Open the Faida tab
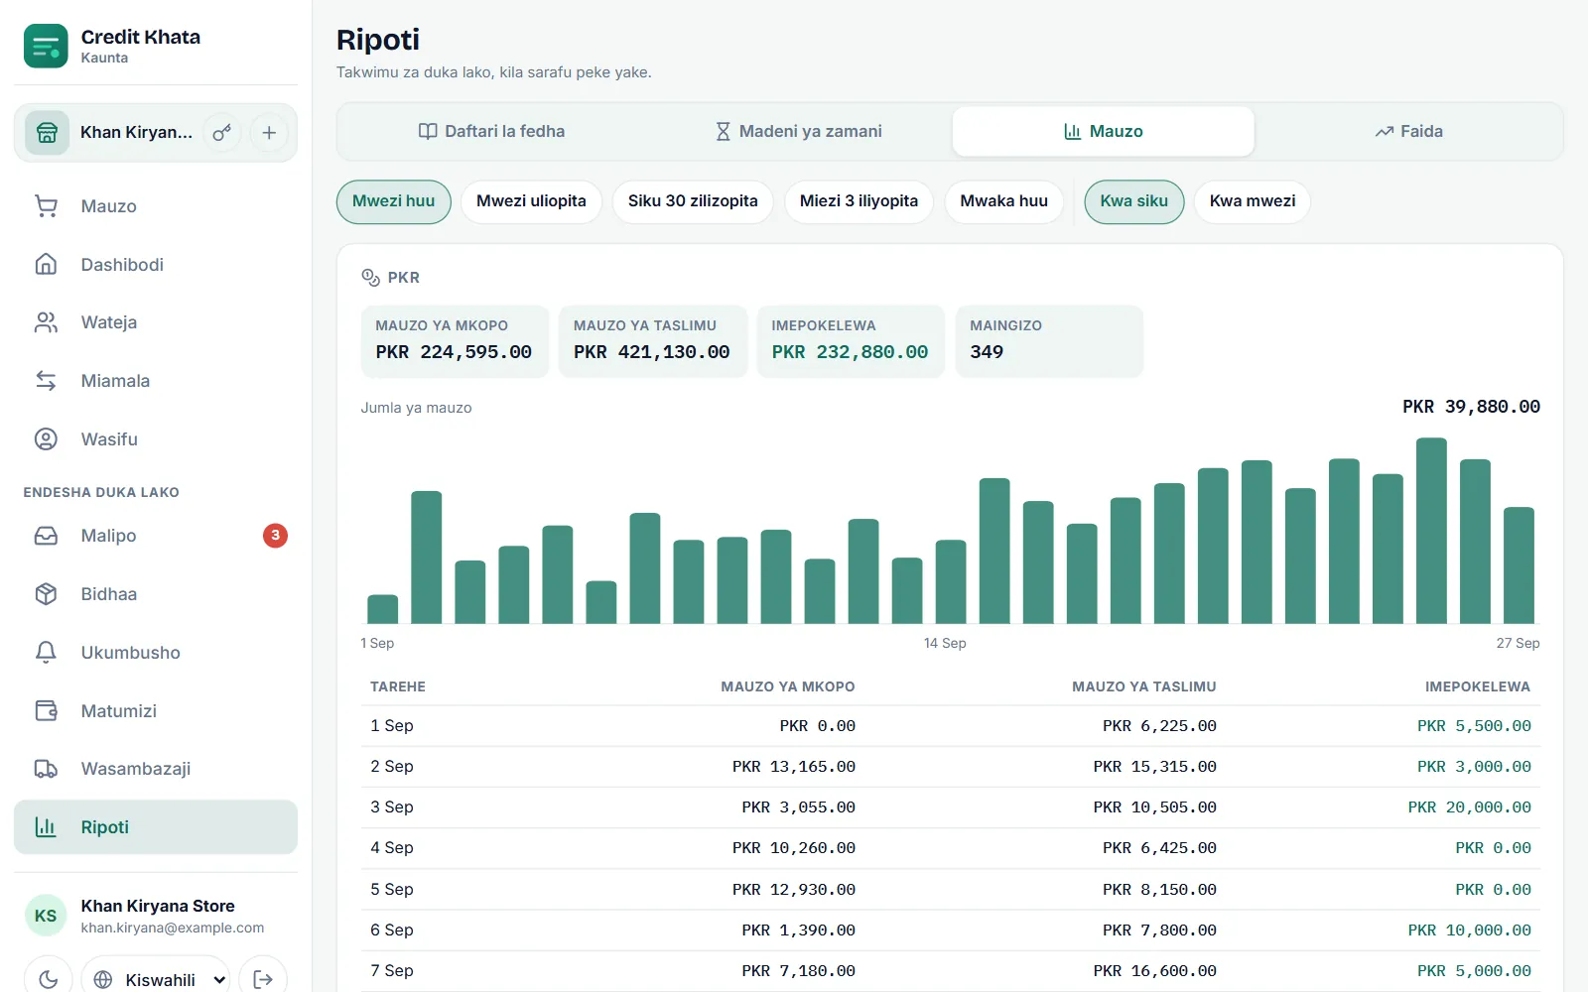click(x=1408, y=131)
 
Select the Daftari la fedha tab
click(x=491, y=131)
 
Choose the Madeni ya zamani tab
click(x=798, y=131)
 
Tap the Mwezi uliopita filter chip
click(x=531, y=201)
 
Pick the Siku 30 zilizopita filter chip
click(x=693, y=201)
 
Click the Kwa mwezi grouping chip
click(x=1252, y=201)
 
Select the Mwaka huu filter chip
click(x=1003, y=201)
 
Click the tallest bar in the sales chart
click(x=1431, y=531)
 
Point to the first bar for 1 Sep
click(x=383, y=609)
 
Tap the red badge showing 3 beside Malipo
click(x=275, y=535)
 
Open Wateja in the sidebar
click(x=108, y=322)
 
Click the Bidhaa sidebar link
click(x=108, y=594)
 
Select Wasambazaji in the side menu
click(x=135, y=768)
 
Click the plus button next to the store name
click(x=269, y=133)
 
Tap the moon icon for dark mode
click(x=49, y=979)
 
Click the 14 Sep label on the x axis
click(x=945, y=643)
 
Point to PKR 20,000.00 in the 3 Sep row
click(x=1469, y=807)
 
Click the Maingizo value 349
click(x=987, y=351)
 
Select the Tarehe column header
click(x=398, y=686)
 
